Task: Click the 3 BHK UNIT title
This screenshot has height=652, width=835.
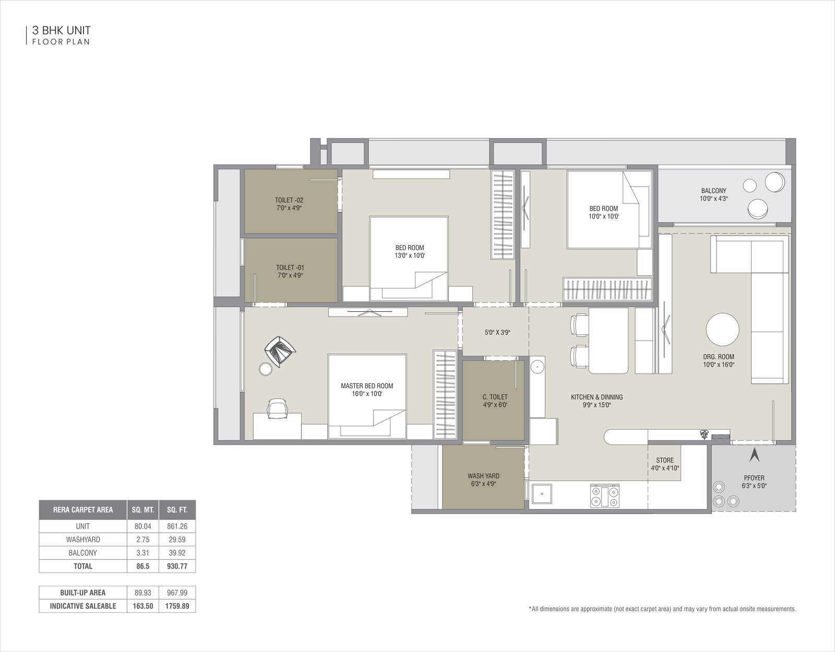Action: pos(62,30)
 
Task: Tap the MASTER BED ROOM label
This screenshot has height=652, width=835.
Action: pos(367,385)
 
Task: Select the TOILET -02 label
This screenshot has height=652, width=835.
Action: pos(289,200)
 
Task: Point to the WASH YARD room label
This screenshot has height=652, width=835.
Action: pos(483,476)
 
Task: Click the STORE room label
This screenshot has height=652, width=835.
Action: pos(665,460)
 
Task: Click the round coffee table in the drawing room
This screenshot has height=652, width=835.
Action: pos(722,330)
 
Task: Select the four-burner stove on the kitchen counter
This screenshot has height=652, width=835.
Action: pos(605,496)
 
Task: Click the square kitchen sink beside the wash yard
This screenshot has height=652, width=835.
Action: pos(542,494)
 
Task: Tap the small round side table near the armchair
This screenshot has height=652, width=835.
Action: pos(266,369)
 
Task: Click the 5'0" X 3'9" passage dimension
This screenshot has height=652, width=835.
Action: pos(497,333)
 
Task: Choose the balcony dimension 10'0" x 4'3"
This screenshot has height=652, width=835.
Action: pos(713,199)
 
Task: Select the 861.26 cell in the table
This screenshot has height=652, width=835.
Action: pos(177,526)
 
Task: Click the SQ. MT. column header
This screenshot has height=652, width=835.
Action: pos(143,510)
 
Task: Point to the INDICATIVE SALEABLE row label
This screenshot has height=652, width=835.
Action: pos(83,606)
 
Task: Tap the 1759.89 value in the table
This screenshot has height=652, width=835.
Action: pos(177,606)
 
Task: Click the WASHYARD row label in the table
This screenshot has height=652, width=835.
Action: pos(83,539)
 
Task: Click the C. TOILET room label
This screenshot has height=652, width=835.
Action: pos(495,396)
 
